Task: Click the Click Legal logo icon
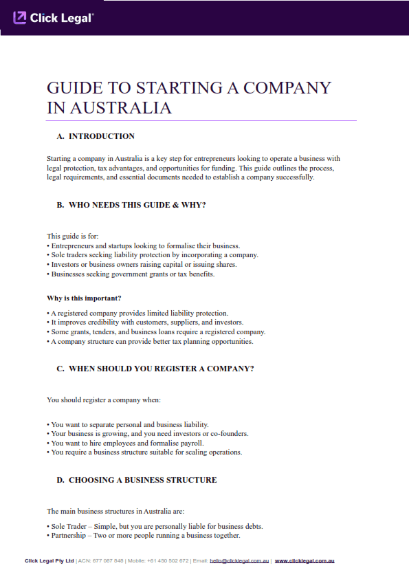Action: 20,18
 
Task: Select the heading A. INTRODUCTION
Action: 96,136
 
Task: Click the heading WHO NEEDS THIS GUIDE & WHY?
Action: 131,205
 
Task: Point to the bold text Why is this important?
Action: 84,298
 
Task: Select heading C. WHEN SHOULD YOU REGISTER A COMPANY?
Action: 155,369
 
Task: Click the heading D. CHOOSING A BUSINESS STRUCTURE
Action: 136,480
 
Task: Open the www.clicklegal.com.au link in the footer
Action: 305,561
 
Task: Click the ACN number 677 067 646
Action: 108,561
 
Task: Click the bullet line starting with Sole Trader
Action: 155,526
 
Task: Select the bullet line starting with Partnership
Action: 144,535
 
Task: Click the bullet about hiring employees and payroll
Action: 125,444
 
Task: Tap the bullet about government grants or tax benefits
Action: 131,274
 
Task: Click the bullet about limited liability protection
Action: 137,313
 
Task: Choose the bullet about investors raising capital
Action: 142,264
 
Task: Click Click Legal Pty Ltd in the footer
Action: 49,561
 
